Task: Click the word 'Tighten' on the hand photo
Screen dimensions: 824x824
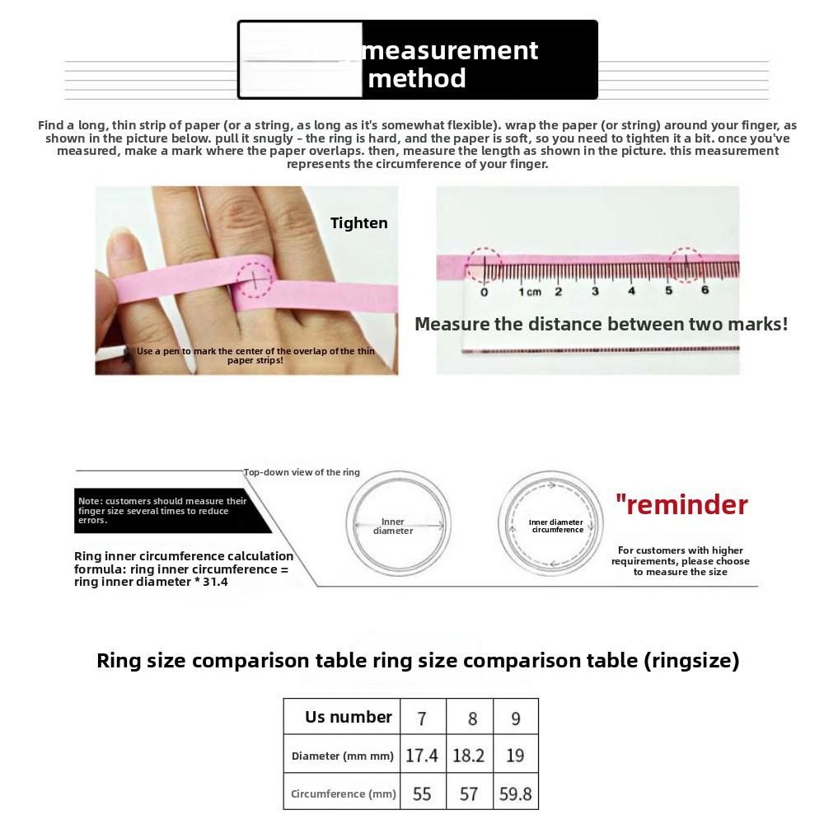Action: point(358,222)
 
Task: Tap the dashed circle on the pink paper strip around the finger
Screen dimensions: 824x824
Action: point(255,279)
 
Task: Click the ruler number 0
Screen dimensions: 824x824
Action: point(484,292)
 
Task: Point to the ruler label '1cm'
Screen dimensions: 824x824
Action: point(529,292)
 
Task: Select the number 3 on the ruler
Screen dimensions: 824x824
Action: point(595,292)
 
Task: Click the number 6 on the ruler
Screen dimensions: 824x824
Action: point(705,290)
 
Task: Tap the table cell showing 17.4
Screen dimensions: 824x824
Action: point(422,756)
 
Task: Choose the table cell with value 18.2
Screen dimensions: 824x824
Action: point(469,756)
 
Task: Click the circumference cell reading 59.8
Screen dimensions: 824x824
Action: point(516,794)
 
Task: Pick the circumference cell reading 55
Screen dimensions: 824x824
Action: point(422,794)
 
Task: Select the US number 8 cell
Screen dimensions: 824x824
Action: point(472,719)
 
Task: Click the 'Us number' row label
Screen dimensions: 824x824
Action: point(348,717)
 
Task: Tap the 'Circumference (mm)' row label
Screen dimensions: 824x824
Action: point(343,794)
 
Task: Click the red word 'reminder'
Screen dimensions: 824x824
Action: point(682,504)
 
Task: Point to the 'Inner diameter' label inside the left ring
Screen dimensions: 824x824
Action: point(393,526)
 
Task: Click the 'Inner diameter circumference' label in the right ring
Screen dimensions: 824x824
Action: point(557,526)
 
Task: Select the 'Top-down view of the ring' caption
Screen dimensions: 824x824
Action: point(302,472)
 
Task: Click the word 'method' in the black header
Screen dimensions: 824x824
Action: point(417,78)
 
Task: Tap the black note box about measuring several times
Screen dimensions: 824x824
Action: point(165,510)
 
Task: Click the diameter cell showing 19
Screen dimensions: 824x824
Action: point(515,756)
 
